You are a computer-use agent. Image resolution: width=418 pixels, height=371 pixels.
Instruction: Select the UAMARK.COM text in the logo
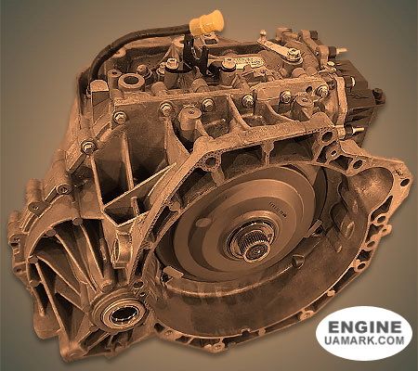[x=364, y=343]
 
